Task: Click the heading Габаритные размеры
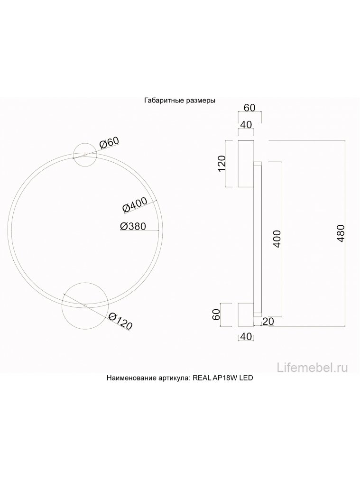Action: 180,101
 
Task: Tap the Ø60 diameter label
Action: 109,143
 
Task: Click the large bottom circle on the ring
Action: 85,306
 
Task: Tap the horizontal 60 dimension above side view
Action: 249,108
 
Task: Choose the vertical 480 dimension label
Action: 340,233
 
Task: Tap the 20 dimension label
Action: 268,322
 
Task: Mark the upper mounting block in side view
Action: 246,164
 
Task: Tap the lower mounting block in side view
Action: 246,314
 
